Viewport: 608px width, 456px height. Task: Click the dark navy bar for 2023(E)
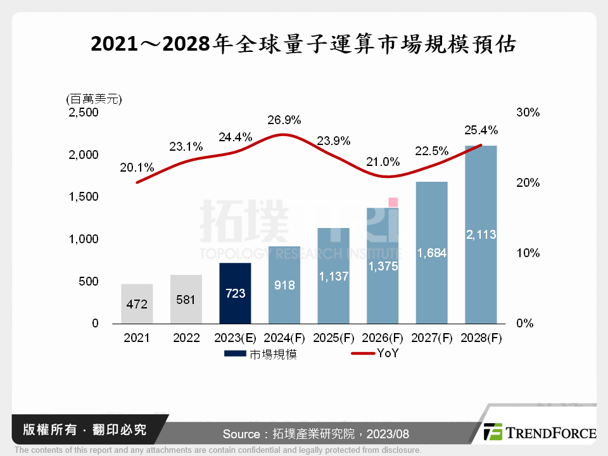click(235, 293)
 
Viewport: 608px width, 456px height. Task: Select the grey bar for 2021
click(137, 303)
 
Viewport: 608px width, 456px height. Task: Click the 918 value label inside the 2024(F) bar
click(284, 286)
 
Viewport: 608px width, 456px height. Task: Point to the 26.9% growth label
click(284, 120)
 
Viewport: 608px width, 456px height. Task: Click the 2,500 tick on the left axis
click(84, 113)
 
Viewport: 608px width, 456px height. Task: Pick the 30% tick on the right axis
click(528, 113)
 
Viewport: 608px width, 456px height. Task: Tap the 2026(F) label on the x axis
click(383, 338)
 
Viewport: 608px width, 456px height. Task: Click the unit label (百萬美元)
click(94, 99)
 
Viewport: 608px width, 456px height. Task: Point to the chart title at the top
click(304, 45)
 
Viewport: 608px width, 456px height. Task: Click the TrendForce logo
click(540, 433)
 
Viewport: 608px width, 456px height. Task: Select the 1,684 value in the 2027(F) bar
click(431, 253)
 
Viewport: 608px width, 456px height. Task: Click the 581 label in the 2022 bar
click(186, 300)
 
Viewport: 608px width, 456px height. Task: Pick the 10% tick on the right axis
click(528, 253)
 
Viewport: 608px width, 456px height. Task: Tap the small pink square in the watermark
click(393, 202)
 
